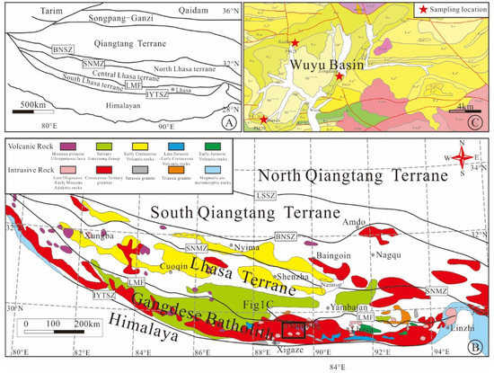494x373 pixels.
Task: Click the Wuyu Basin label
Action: click(318, 64)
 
